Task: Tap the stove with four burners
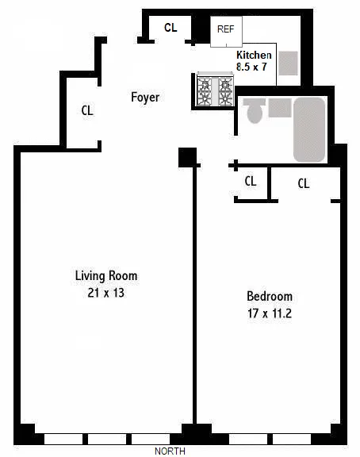point(216,90)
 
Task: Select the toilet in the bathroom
point(255,112)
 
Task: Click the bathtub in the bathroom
point(308,129)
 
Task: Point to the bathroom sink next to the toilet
point(278,109)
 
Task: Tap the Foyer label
point(145,98)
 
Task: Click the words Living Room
point(106,276)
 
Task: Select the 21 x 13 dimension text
point(106,293)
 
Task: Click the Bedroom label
point(270,297)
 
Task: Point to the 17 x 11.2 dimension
point(270,313)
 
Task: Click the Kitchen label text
point(255,55)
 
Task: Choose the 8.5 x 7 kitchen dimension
point(254,67)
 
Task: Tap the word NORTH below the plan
point(170,451)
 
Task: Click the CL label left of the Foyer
point(87,111)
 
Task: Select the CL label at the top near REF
point(170,28)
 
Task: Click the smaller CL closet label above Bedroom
point(251,181)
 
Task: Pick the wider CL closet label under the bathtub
point(304,183)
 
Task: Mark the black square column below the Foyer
point(188,156)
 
